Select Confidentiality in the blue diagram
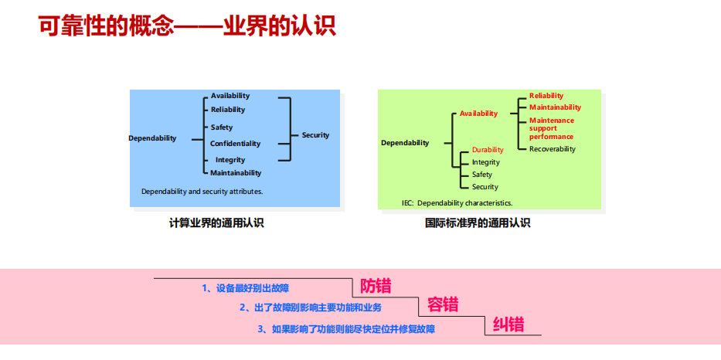236,144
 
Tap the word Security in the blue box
315,135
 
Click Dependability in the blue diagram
152,138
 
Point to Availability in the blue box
230,96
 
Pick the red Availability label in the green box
478,114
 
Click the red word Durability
488,150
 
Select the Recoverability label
553,149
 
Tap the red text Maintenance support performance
551,128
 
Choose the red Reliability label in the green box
546,96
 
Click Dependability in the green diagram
405,143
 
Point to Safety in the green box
482,175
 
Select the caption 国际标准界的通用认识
478,223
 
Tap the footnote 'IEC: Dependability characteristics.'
457,203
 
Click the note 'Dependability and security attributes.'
202,191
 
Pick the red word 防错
376,287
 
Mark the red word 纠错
508,324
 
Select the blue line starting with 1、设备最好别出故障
245,288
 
